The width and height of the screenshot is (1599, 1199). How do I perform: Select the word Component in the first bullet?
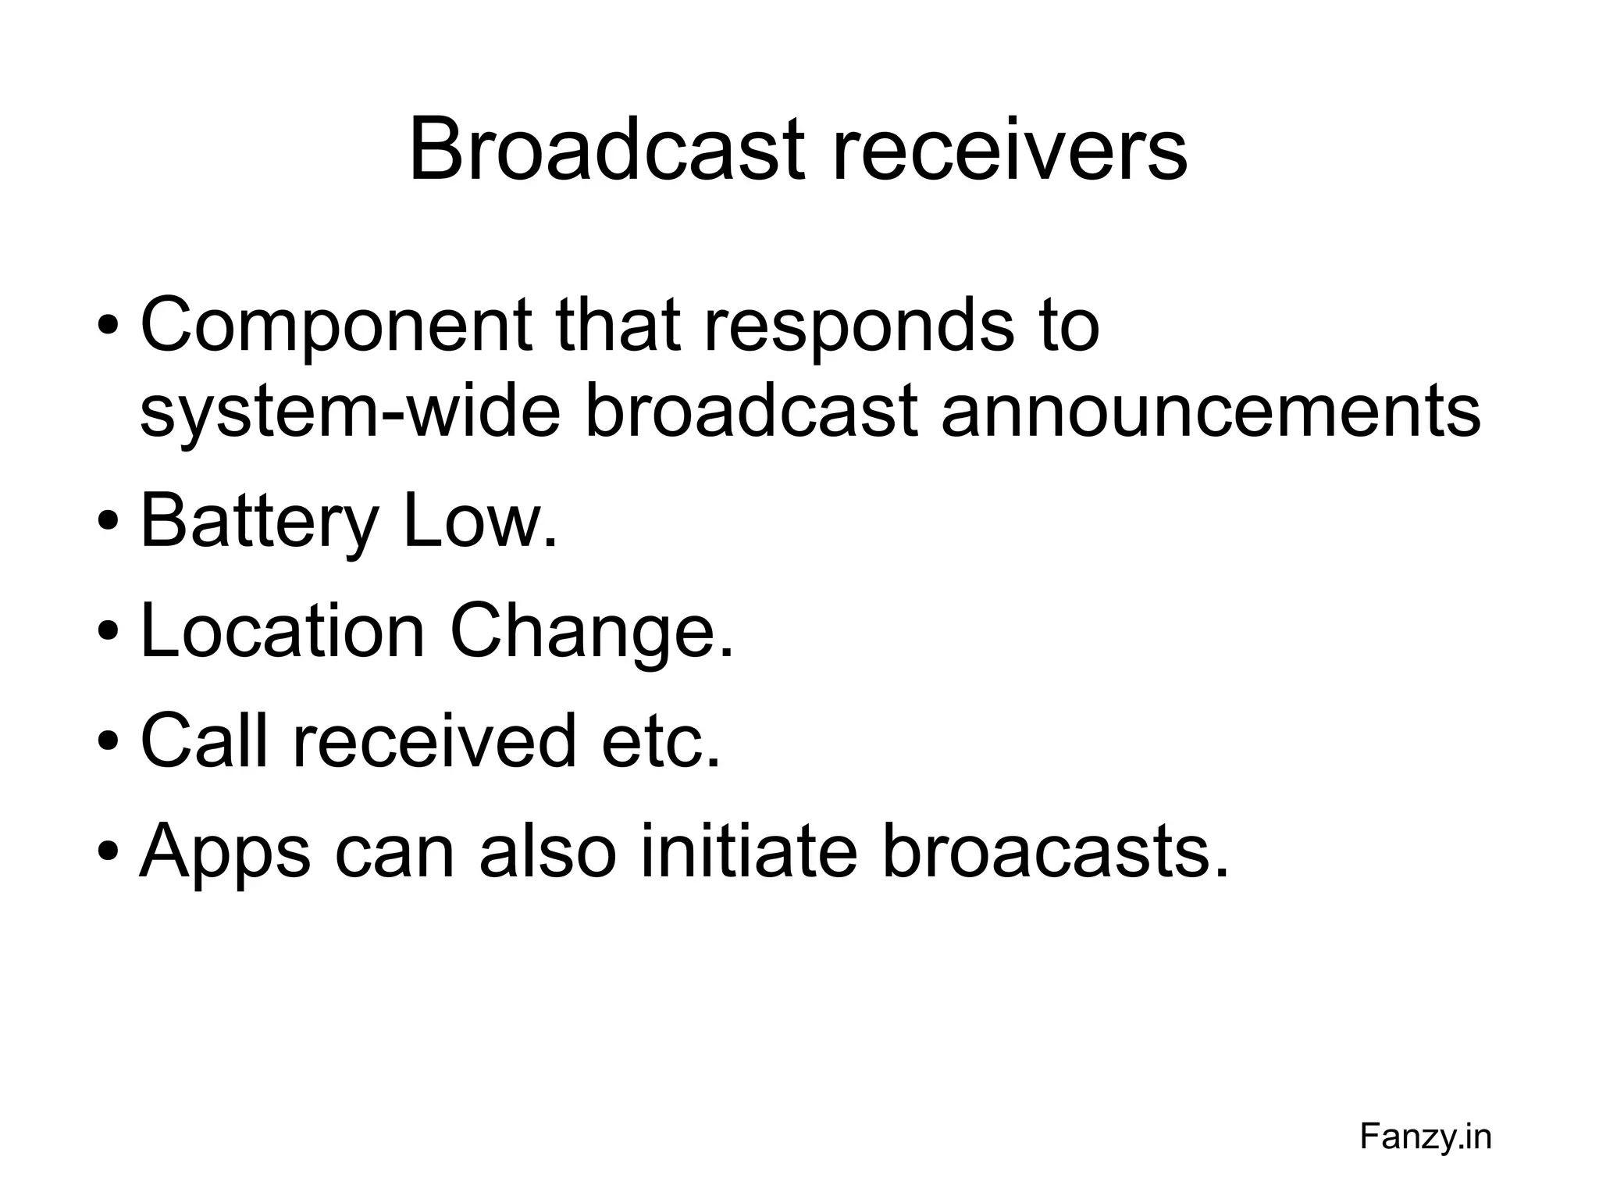click(337, 326)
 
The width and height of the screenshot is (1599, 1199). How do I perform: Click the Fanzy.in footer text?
click(1425, 1137)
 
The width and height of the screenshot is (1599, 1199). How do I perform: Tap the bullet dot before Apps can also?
click(109, 849)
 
